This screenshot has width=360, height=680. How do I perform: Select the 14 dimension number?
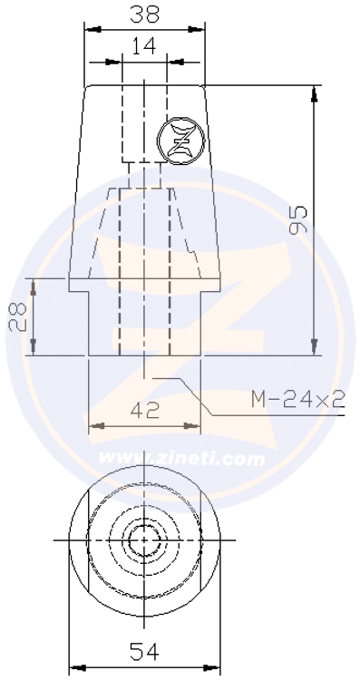(144, 46)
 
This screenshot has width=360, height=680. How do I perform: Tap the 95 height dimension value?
(298, 219)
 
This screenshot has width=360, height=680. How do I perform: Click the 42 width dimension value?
(145, 410)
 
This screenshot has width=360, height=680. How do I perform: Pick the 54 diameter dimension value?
(144, 651)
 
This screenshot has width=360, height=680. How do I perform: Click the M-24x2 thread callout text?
(298, 399)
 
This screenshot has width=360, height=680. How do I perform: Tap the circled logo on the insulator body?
(180, 141)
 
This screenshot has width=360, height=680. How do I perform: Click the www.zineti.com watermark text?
(181, 459)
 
